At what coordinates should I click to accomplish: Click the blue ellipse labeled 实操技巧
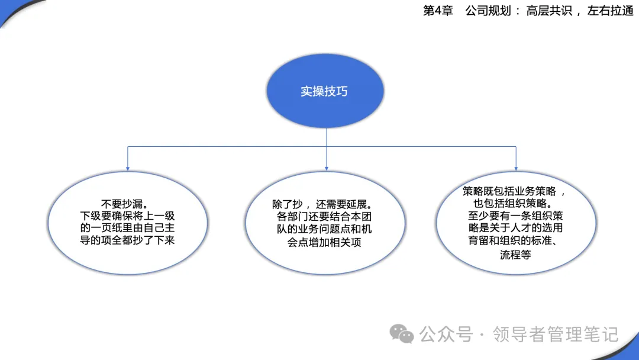pos(325,91)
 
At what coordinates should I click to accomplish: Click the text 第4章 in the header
pos(438,11)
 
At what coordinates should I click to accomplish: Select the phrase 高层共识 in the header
pos(549,11)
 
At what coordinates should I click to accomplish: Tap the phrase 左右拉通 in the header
pos(610,11)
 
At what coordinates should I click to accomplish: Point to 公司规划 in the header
pos(488,11)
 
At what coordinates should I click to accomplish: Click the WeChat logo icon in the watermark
pos(401,335)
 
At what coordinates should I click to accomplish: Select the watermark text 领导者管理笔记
pos(556,335)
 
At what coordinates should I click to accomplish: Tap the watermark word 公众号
pos(446,335)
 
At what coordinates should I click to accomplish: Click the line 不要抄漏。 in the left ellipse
pos(125,204)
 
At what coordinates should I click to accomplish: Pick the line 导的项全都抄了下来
pos(128,240)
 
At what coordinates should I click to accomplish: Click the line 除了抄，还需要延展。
pos(322,204)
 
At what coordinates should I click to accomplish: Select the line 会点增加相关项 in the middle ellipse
pos(324,243)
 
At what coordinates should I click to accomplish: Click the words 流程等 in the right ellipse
pos(515,255)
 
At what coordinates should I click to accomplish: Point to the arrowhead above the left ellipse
pos(128,168)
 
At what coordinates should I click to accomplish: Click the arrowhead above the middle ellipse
pos(327,168)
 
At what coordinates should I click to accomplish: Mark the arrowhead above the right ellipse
pos(516,168)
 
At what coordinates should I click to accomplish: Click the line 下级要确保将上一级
pos(128,216)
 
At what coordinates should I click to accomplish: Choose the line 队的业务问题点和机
pos(324,230)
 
